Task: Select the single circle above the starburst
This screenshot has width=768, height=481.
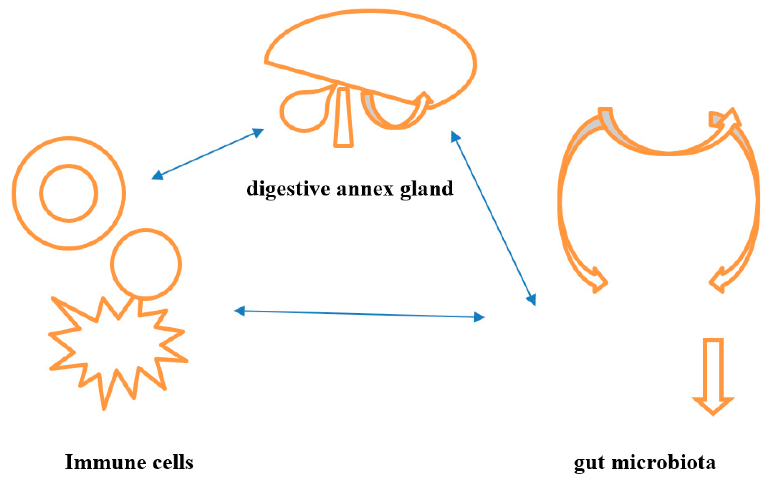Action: [x=146, y=264]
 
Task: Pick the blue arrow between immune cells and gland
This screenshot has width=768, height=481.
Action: [x=207, y=154]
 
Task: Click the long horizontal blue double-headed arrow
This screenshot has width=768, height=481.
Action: [x=359, y=314]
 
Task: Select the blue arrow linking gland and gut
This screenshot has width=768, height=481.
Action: [x=493, y=218]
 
